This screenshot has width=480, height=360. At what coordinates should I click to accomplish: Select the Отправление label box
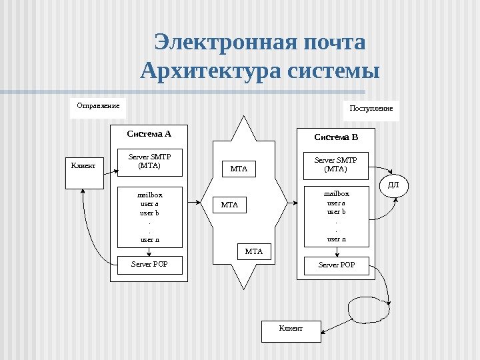98,105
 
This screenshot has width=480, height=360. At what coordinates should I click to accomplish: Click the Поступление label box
372,108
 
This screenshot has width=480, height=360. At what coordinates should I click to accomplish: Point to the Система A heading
149,133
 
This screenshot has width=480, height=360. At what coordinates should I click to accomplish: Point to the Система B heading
336,137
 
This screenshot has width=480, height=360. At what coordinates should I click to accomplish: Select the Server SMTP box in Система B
336,165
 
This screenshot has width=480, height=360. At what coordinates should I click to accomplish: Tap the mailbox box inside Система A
149,217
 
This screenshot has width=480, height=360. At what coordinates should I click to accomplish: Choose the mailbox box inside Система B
336,216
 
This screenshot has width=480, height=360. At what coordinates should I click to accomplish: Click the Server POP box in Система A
149,265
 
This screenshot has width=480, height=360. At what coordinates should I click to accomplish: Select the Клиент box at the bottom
291,329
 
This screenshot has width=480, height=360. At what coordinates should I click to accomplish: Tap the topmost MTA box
239,169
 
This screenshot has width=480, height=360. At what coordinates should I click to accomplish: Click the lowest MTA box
254,252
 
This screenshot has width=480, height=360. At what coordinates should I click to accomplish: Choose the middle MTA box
229,205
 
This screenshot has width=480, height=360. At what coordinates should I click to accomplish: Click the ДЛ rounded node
393,185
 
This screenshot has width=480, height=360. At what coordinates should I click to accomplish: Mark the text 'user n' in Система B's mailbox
336,239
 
